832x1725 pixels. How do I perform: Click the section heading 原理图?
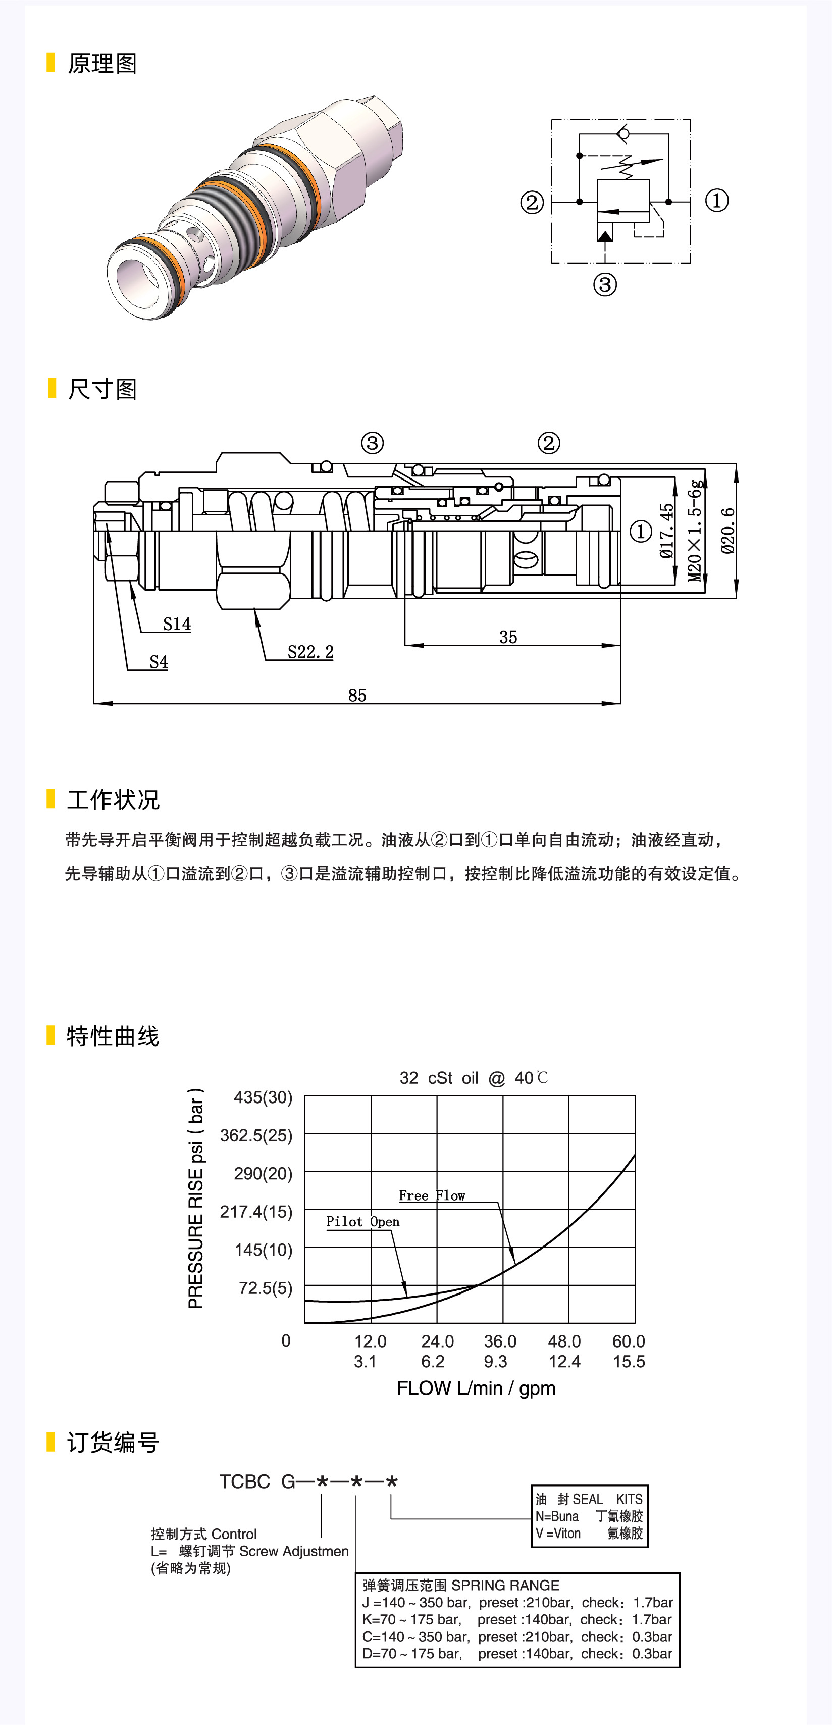[x=102, y=64]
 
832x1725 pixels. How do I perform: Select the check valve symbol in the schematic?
[x=623, y=134]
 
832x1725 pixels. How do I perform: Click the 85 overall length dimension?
[x=357, y=695]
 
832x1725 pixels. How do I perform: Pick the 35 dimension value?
[x=508, y=637]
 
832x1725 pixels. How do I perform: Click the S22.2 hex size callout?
[x=310, y=652]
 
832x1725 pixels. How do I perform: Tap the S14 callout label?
[x=177, y=624]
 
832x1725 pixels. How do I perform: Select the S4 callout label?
[x=159, y=662]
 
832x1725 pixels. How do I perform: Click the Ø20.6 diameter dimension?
[x=727, y=531]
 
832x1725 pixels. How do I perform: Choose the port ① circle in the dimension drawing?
[x=641, y=532]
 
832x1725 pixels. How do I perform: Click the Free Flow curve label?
[x=432, y=1196]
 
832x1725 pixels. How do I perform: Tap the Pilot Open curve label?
[x=363, y=1221]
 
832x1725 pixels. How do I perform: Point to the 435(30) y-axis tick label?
[x=263, y=1097]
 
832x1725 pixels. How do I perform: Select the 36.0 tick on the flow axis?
[x=500, y=1341]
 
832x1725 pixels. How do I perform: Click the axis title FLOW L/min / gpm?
[x=476, y=1388]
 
